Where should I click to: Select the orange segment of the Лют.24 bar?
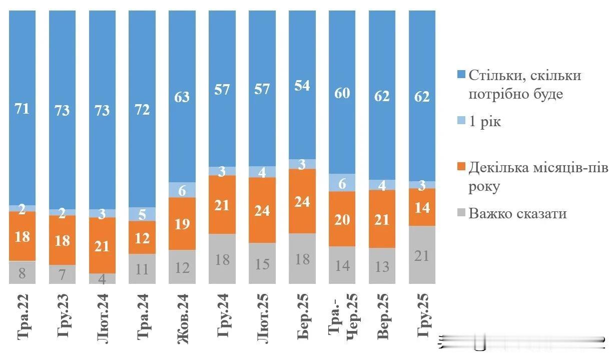102,245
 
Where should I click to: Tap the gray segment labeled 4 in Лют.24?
102,278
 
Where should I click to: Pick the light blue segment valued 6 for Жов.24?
182,190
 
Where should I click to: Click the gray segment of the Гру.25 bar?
422,255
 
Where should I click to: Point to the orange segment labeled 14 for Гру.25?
422,207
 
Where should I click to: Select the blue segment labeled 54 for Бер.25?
302,85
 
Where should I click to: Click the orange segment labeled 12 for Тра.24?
142,237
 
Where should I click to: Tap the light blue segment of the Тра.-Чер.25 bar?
342,183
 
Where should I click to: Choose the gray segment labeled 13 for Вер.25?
382,266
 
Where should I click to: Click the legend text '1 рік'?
484,122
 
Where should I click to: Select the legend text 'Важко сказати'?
518,214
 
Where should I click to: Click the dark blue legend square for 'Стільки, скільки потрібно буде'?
461,76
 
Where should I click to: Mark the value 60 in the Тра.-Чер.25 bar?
342,93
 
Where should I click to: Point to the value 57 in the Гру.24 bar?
222,89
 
